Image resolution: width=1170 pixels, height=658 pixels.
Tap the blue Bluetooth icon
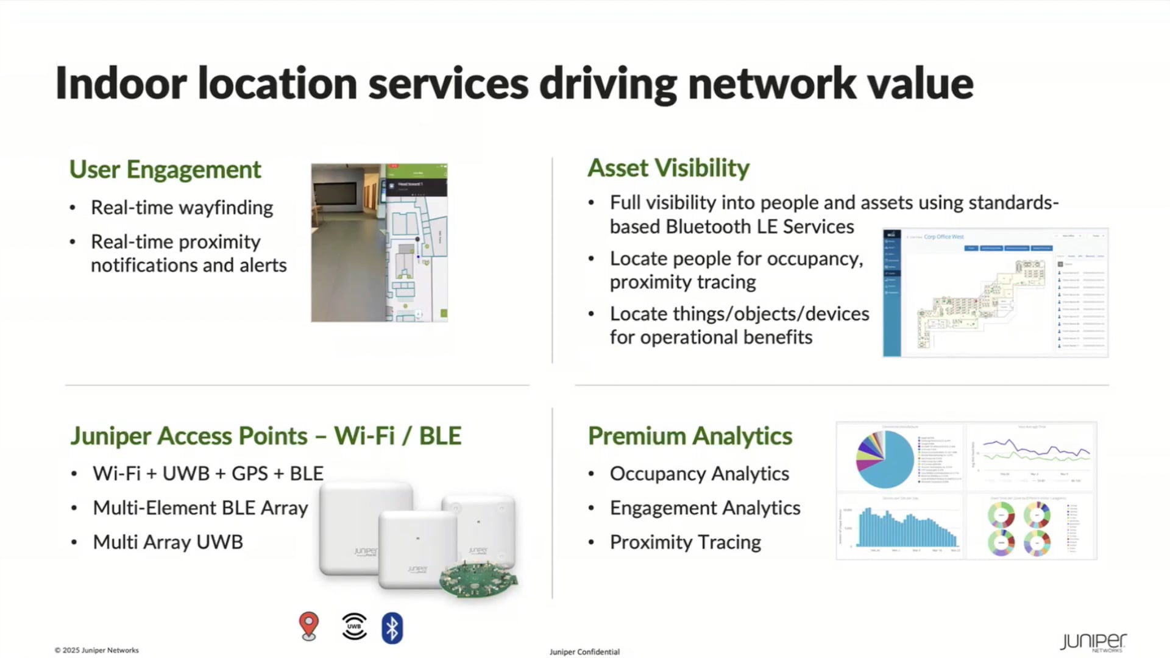(392, 628)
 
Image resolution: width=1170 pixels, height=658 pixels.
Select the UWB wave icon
(354, 626)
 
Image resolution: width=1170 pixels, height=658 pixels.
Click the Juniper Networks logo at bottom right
(1093, 643)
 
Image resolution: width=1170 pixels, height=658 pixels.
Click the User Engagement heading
(165, 169)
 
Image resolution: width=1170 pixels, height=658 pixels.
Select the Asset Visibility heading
(668, 168)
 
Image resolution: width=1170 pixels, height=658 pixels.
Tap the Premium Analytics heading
(690, 436)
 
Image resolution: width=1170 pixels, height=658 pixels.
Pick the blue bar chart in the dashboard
(907, 529)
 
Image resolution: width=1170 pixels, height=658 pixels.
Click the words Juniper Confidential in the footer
(584, 652)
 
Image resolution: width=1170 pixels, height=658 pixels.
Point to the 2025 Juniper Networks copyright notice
(97, 650)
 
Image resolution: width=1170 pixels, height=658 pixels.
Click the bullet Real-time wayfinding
(182, 208)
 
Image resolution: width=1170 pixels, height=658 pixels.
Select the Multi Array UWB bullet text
(168, 542)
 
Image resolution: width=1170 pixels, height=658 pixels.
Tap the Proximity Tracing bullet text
(685, 542)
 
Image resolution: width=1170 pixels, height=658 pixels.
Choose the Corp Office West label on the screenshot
(943, 237)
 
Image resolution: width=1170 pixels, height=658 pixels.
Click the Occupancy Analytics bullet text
(699, 474)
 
